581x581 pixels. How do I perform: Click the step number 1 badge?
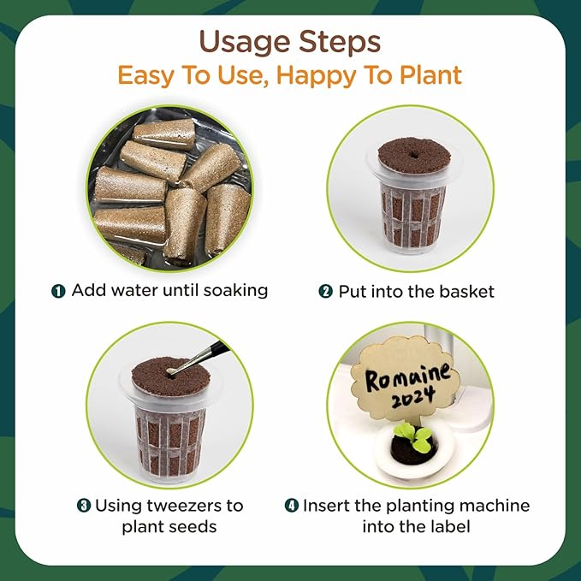[58, 291]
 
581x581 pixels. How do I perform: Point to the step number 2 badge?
[325, 291]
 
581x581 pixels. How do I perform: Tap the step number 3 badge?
[84, 506]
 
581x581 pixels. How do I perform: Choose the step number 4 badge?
[292, 506]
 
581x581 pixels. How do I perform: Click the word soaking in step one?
[235, 291]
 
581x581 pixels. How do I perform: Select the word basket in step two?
[466, 291]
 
